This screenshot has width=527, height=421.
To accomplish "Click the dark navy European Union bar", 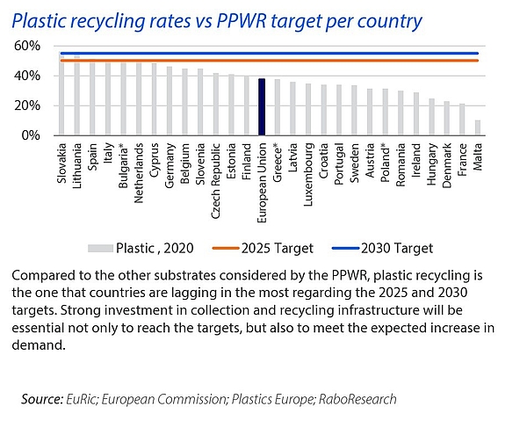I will point(261,107).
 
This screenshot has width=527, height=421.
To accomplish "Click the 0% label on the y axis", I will point(30,136).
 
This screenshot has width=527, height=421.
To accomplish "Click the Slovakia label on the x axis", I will point(61,163).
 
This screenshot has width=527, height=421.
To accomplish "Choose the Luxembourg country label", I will point(307,171).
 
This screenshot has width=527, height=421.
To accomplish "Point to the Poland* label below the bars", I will point(384,162).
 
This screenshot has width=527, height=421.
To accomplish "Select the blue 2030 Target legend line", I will point(336,248).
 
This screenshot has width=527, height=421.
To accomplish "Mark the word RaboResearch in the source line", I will point(359,399).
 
